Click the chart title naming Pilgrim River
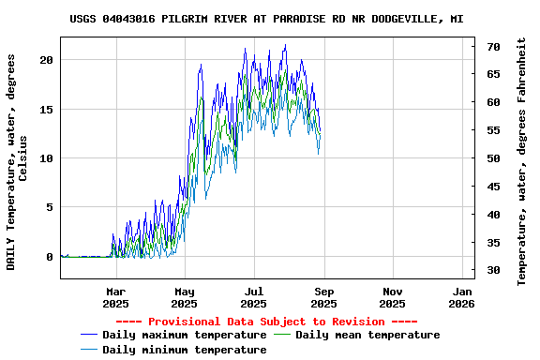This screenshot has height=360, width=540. (266, 19)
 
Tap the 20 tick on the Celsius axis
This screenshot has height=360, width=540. (47, 59)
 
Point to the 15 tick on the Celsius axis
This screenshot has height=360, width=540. (47, 109)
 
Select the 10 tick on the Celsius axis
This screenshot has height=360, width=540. (47, 157)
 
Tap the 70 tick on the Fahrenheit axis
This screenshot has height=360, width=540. (493, 46)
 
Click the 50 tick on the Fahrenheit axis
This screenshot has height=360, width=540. (493, 158)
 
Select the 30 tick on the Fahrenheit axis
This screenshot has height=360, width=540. (493, 271)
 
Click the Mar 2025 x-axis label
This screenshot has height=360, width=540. (115, 297)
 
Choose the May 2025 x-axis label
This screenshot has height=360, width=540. (185, 297)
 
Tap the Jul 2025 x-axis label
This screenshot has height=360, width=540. (253, 297)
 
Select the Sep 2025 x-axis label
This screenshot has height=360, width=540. (323, 297)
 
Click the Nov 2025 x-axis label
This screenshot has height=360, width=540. (393, 297)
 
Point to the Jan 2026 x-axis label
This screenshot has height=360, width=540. (461, 297)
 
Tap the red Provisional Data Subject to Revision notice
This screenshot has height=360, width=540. (265, 322)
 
